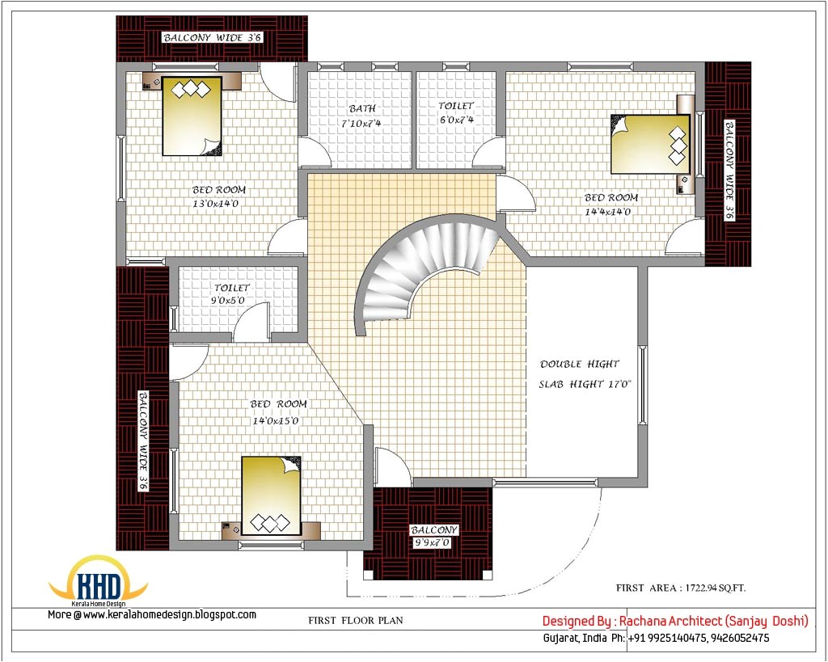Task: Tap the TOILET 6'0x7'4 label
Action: click(x=456, y=112)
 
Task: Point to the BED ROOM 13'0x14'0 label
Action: click(x=218, y=196)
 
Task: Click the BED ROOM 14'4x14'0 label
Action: click(x=610, y=205)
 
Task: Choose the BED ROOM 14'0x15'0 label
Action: click(x=278, y=412)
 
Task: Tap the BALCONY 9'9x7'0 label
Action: click(x=434, y=536)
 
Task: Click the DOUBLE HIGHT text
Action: click(x=580, y=365)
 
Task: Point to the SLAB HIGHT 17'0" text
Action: click(x=585, y=385)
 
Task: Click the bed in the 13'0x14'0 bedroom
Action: click(x=192, y=116)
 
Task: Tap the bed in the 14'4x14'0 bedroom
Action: click(x=649, y=144)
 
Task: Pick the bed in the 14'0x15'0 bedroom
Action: click(x=271, y=495)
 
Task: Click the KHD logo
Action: click(x=99, y=583)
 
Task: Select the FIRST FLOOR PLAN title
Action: click(x=355, y=621)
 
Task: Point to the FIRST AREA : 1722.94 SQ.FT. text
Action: click(x=684, y=588)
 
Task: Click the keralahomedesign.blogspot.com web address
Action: click(x=170, y=615)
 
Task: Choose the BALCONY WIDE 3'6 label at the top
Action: click(x=213, y=37)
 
